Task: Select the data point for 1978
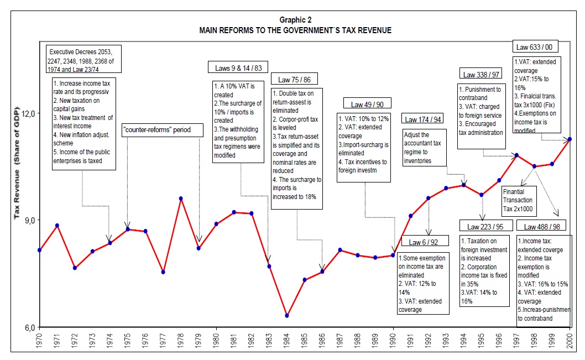(181, 199)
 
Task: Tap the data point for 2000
(570, 139)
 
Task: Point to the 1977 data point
(163, 272)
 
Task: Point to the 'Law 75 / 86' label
(294, 79)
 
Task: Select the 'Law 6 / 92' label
(423, 242)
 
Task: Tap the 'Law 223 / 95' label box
(485, 226)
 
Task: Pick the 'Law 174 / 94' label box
(423, 119)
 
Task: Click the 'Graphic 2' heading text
(295, 20)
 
